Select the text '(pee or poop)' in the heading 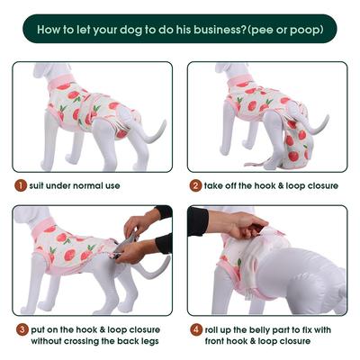click(283, 29)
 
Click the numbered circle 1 click(19, 185)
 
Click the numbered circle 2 click(194, 185)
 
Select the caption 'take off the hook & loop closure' click(271, 185)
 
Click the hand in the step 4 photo click(239, 224)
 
